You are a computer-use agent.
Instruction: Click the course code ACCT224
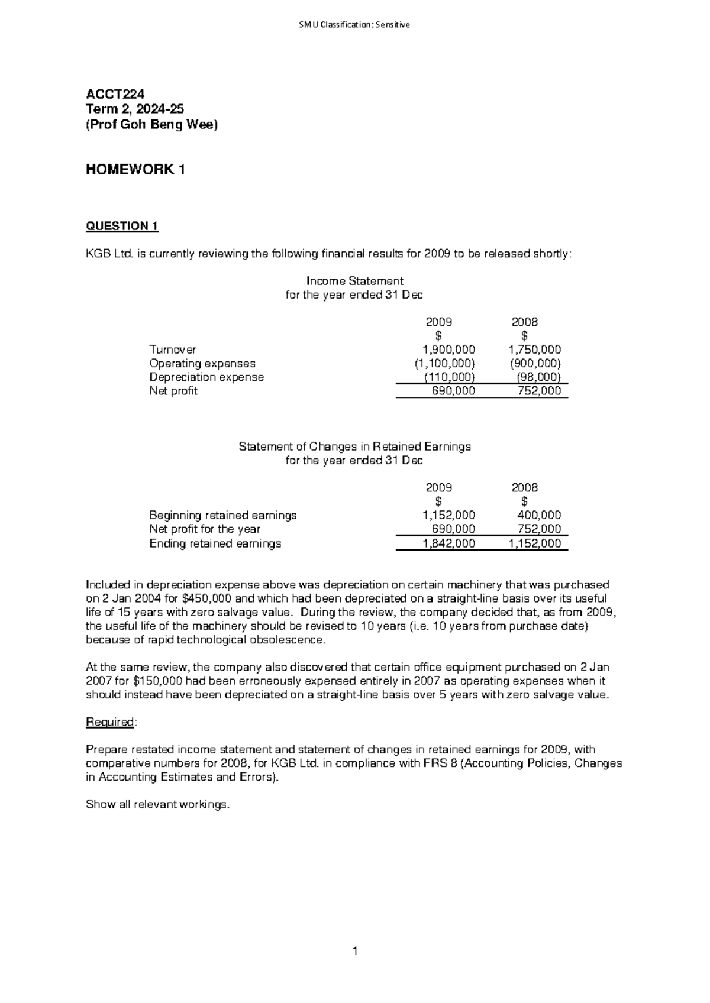tap(115, 94)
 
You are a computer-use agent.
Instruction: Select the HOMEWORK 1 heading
tap(135, 170)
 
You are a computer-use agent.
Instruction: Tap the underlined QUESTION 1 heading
tap(122, 226)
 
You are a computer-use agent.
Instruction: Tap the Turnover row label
tap(173, 350)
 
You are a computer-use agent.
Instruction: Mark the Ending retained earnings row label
tap(215, 543)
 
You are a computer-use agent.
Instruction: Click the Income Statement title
tap(354, 280)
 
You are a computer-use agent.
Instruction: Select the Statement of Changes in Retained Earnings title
tap(354, 447)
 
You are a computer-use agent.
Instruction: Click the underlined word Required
tap(111, 722)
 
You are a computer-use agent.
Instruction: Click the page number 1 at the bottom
tap(354, 952)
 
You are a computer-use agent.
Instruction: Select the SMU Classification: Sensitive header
tap(354, 25)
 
